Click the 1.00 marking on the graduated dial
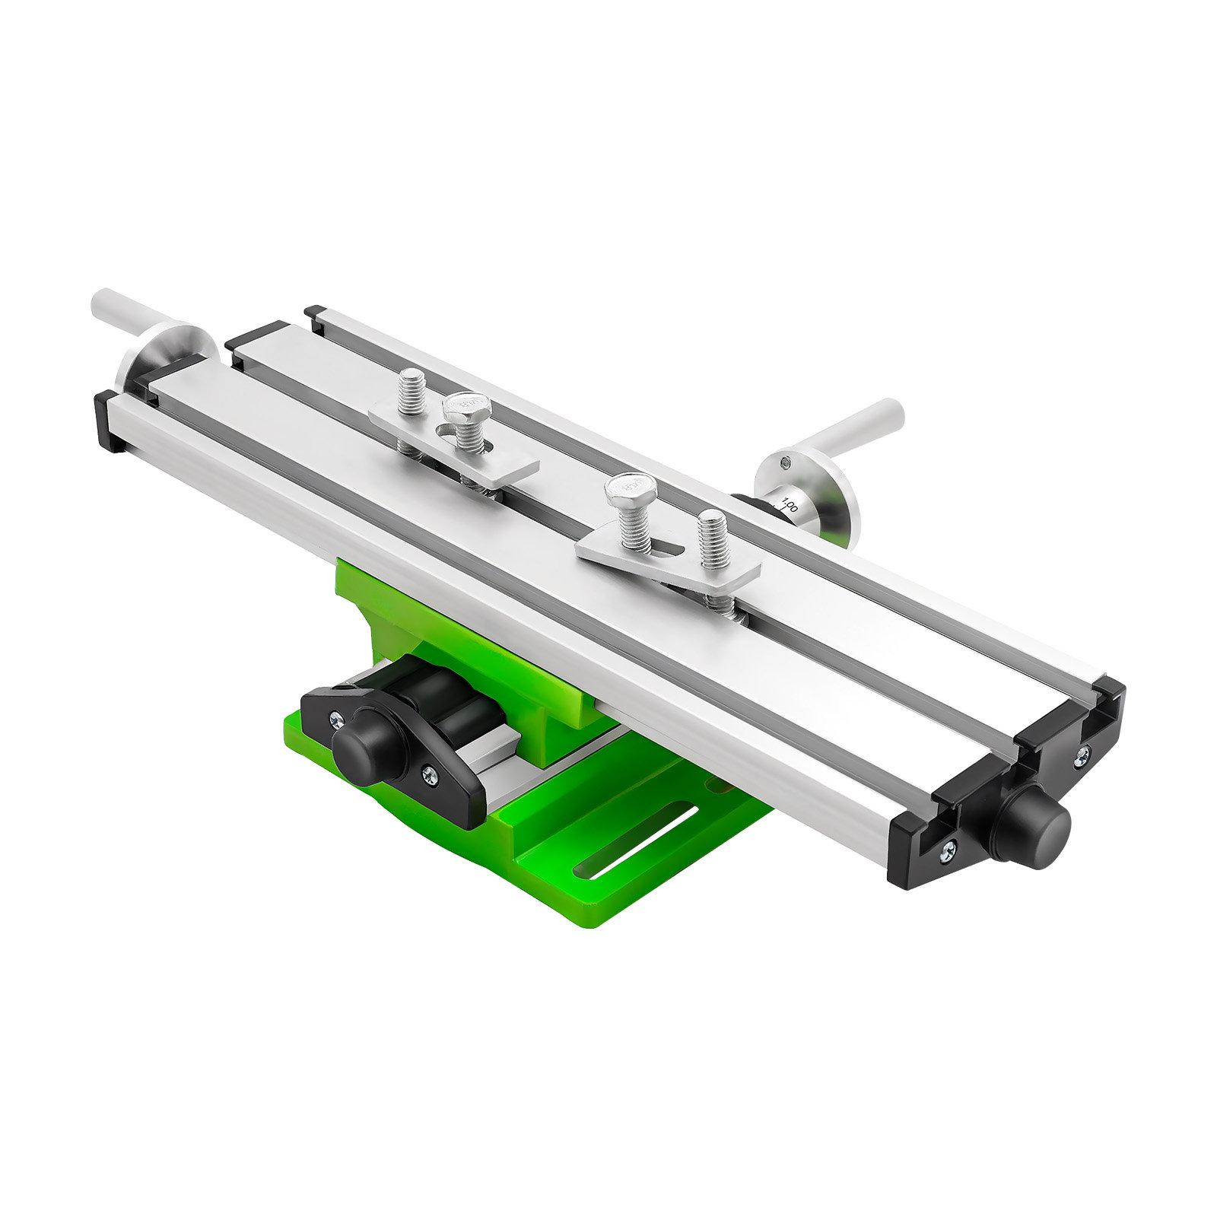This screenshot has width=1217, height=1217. coord(789,505)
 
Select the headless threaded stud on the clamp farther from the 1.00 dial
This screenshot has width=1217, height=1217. coord(411,390)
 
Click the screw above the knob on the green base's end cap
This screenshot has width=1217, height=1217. coord(335,718)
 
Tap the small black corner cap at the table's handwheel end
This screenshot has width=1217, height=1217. coord(108,421)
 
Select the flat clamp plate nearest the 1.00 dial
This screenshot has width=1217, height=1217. coord(669,560)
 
